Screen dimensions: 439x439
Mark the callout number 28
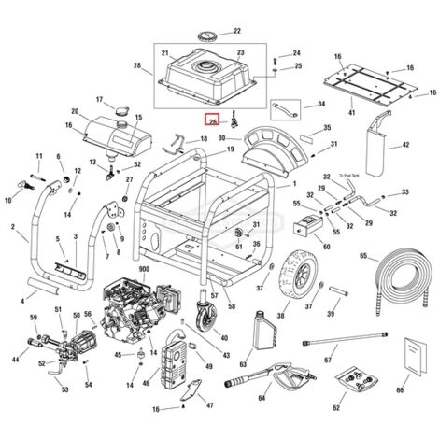137,66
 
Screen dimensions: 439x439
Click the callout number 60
326,248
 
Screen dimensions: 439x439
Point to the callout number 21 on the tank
166,52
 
